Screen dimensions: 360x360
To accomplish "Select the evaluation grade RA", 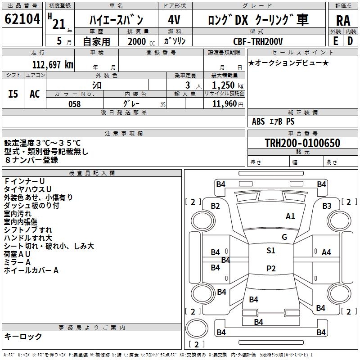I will point(343,21).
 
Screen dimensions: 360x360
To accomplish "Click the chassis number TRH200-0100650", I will point(302,144).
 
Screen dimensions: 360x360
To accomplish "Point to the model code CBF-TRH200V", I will point(258,41).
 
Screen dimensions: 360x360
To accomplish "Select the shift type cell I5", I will point(13,94).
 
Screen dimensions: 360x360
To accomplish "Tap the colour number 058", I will point(74,103).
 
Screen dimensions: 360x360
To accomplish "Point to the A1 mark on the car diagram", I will point(290,216).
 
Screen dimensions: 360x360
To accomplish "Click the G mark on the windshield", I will point(284,237).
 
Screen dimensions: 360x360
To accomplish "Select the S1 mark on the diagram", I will point(270,251).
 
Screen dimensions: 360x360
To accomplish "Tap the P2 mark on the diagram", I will point(270,269).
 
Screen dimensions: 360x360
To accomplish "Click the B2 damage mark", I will point(216,206).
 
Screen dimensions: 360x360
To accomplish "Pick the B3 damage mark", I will point(327,206).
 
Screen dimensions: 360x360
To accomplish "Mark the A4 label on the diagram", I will point(326,252).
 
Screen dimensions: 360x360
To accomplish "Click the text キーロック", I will point(23,336).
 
